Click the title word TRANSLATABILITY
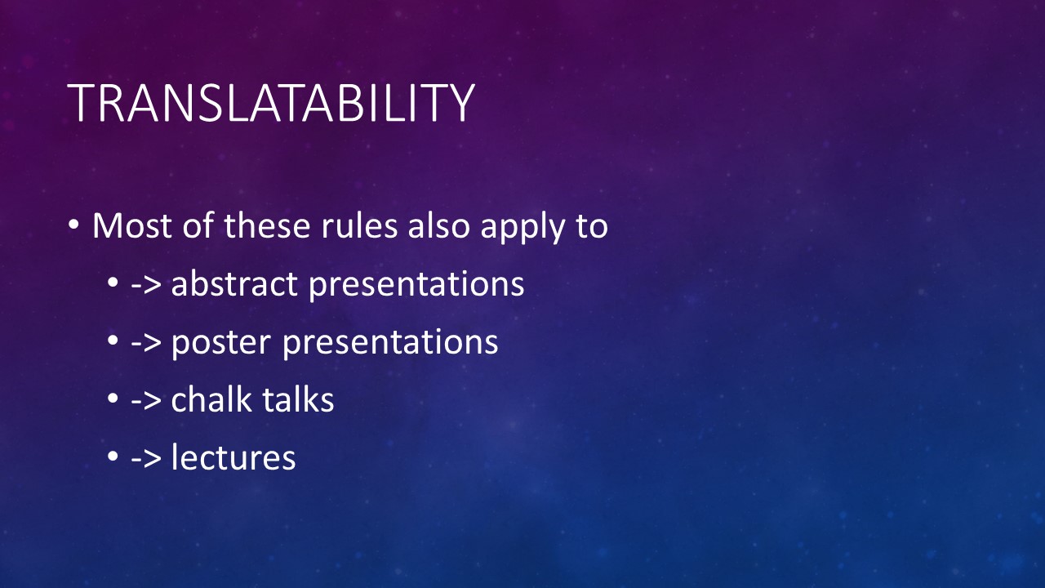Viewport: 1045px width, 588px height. point(271,103)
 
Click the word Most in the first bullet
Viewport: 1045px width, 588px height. point(132,226)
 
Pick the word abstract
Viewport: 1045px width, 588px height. point(234,283)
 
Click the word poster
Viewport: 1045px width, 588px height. point(221,343)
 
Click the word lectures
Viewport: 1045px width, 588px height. point(233,457)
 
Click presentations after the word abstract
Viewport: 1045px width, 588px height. point(416,285)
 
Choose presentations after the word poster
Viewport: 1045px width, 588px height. point(390,343)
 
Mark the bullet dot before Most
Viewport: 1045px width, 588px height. point(73,225)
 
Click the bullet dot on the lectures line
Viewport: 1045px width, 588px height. point(113,456)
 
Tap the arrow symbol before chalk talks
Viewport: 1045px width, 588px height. point(146,400)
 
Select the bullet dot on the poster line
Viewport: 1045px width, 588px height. point(113,341)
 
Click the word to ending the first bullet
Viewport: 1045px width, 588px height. point(592,226)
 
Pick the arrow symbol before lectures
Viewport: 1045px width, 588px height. point(146,458)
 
